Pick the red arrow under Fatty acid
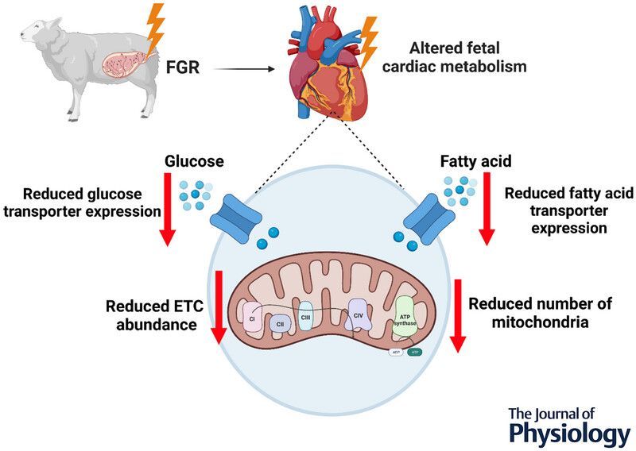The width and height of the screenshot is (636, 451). tap(486, 212)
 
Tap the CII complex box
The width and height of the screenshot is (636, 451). tap(279, 323)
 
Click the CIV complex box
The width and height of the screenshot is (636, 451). tap(357, 315)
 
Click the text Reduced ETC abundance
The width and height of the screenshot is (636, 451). tap(151, 315)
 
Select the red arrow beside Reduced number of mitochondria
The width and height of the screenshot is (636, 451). tap(457, 314)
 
